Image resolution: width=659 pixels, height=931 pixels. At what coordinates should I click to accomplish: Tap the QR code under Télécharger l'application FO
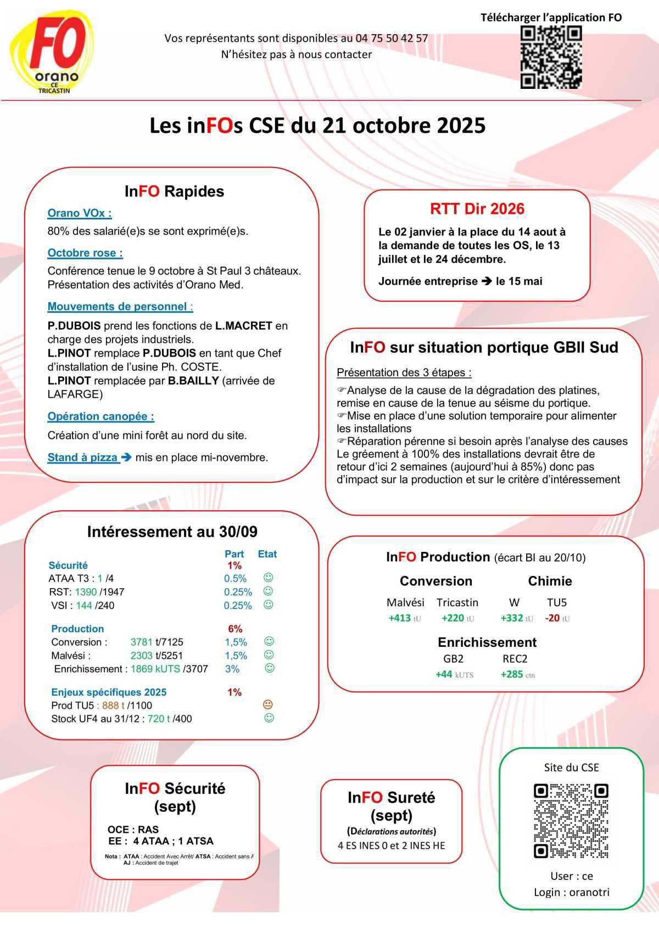point(551,57)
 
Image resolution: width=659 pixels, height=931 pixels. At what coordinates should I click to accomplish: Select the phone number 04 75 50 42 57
point(392,38)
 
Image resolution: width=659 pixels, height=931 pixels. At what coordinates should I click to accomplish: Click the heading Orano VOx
point(80,213)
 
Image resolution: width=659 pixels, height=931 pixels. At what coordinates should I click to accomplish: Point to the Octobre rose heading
point(85,253)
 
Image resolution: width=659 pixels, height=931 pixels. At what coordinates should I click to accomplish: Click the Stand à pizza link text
point(82,458)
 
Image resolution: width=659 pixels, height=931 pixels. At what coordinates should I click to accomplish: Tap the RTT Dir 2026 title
point(477,209)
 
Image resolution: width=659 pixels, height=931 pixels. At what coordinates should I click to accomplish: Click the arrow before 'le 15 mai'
point(487,281)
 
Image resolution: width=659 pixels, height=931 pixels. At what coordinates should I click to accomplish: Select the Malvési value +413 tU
point(405,618)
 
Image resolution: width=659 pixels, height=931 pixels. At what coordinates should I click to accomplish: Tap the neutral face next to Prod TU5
point(268,704)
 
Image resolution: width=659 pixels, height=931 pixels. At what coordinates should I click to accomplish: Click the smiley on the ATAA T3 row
point(268,578)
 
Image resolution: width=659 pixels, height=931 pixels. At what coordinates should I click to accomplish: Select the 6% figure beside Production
point(235,629)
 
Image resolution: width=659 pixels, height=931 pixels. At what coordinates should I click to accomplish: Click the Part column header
point(234,554)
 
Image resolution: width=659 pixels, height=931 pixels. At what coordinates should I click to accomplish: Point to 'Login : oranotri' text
point(571,892)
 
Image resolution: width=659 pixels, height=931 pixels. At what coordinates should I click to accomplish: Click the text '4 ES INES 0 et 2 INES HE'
point(391,845)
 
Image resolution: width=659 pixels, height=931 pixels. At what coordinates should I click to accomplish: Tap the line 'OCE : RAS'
point(133,830)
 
